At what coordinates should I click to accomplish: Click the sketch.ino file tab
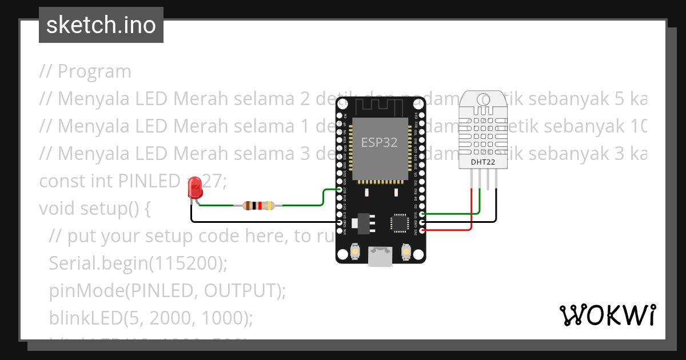click(x=101, y=25)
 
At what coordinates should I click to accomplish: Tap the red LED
click(x=195, y=187)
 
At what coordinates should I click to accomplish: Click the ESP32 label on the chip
click(x=379, y=143)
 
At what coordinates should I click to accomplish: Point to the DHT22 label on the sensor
click(x=482, y=162)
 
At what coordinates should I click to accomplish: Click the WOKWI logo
click(x=607, y=315)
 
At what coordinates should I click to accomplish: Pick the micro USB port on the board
click(x=380, y=257)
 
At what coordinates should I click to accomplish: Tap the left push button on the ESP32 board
click(x=354, y=251)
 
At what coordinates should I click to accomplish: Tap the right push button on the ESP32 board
click(x=406, y=251)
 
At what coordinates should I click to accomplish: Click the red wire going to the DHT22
click(x=471, y=211)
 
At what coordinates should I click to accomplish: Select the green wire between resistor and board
click(x=303, y=205)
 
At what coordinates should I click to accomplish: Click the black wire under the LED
click(x=263, y=222)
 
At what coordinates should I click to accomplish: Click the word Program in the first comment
click(x=94, y=71)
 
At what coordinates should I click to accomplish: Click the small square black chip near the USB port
click(x=398, y=222)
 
